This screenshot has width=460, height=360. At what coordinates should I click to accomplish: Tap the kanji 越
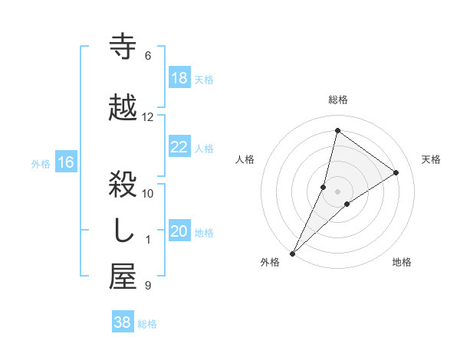[x=123, y=108]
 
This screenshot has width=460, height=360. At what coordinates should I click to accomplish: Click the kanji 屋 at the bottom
[x=123, y=278]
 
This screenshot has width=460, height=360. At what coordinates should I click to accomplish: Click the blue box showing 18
[x=179, y=78]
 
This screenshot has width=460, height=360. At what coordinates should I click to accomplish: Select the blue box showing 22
[x=179, y=148]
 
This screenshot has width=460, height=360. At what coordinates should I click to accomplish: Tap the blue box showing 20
[x=179, y=232]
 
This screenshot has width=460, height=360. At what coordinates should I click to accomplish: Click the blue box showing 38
[x=123, y=323]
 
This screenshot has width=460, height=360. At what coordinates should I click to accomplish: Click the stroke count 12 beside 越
[x=148, y=117]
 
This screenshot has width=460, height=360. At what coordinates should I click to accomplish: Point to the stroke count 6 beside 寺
[x=147, y=56]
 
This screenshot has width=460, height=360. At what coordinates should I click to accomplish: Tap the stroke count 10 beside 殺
[x=148, y=193]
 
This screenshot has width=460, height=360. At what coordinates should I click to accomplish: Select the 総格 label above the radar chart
[x=338, y=100]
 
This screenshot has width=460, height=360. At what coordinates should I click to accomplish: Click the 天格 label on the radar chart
[x=432, y=159]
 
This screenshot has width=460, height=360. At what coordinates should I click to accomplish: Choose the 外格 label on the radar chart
[x=270, y=263]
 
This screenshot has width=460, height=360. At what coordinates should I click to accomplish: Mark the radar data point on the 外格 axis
[x=292, y=253]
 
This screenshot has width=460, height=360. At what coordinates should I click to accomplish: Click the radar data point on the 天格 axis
[x=396, y=172]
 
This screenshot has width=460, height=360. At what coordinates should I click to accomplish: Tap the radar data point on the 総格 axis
[x=337, y=130]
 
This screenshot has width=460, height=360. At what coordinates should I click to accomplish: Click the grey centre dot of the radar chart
[x=337, y=191]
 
